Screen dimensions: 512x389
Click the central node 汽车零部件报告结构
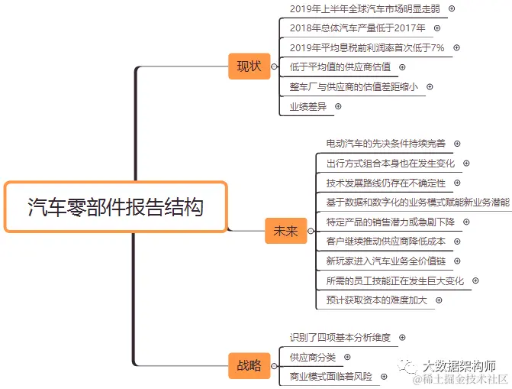(x=116, y=206)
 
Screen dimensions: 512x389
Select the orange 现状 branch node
(x=249, y=66)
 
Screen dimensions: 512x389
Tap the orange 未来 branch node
(x=285, y=231)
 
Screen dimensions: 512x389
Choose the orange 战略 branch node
(x=249, y=365)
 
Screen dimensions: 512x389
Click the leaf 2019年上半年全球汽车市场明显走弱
(x=365, y=8)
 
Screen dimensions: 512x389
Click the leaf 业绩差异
(x=308, y=106)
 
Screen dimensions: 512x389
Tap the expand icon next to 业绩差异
(x=338, y=106)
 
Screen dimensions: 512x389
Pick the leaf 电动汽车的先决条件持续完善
(x=385, y=143)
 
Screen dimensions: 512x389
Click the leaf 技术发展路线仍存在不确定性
(x=385, y=183)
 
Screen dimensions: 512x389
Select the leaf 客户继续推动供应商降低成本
(x=385, y=242)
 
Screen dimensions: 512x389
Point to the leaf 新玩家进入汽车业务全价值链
(x=385, y=261)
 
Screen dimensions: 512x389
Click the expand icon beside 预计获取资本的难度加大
(x=440, y=300)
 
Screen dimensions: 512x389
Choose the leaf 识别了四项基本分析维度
(x=340, y=337)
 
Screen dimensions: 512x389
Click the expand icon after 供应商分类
(x=347, y=357)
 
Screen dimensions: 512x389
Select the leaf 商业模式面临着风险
(x=331, y=377)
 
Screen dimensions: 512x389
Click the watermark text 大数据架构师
(x=459, y=366)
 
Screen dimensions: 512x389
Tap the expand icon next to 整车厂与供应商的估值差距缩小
(x=430, y=87)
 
